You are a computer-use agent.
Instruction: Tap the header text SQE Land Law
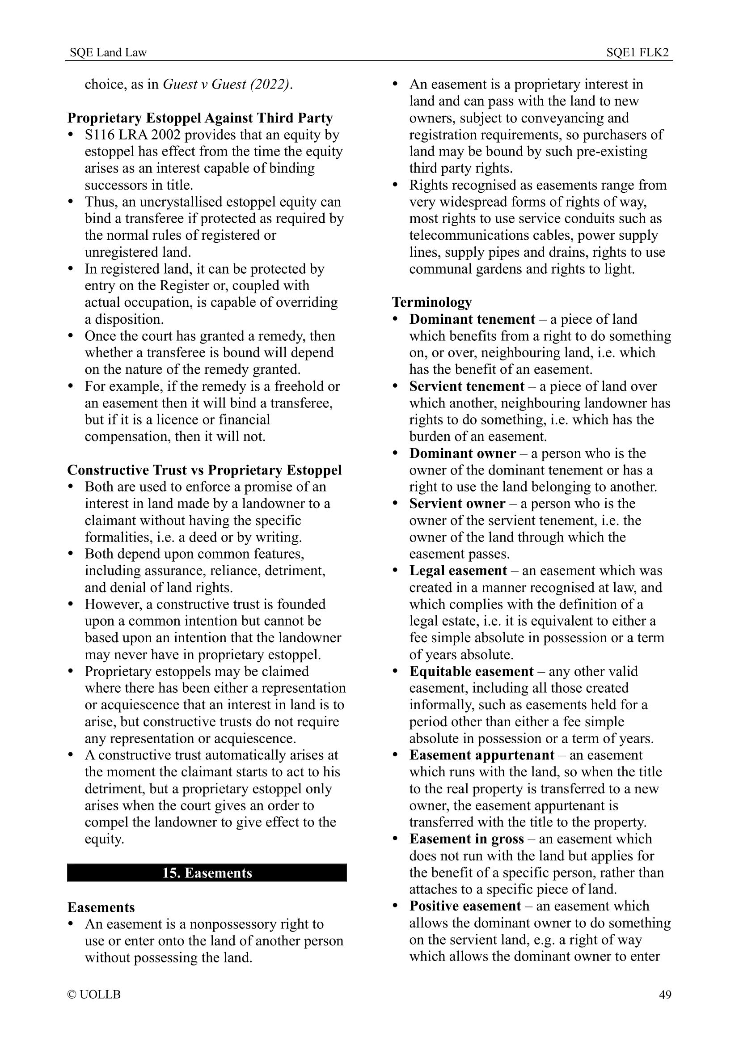click(108, 53)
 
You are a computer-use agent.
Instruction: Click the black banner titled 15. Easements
click(207, 872)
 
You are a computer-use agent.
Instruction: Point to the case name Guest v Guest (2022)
click(226, 84)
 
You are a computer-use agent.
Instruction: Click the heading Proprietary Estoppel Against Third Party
click(200, 118)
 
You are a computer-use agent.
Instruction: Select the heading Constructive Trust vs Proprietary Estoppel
click(204, 470)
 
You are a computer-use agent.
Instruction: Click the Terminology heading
click(432, 302)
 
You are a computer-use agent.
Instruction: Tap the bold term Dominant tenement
click(472, 319)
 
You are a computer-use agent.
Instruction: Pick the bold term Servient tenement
click(467, 386)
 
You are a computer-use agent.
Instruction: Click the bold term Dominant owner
click(462, 453)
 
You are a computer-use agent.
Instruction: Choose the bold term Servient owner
click(457, 504)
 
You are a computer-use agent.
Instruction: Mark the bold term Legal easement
click(458, 570)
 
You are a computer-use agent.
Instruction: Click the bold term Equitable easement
click(471, 671)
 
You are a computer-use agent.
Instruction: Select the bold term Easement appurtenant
click(481, 755)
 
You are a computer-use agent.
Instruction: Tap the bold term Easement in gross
click(466, 838)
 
